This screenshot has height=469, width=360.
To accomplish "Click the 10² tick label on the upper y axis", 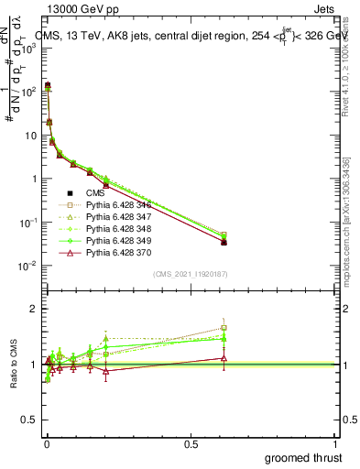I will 27,92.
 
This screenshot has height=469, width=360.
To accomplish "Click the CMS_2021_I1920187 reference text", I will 190,274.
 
